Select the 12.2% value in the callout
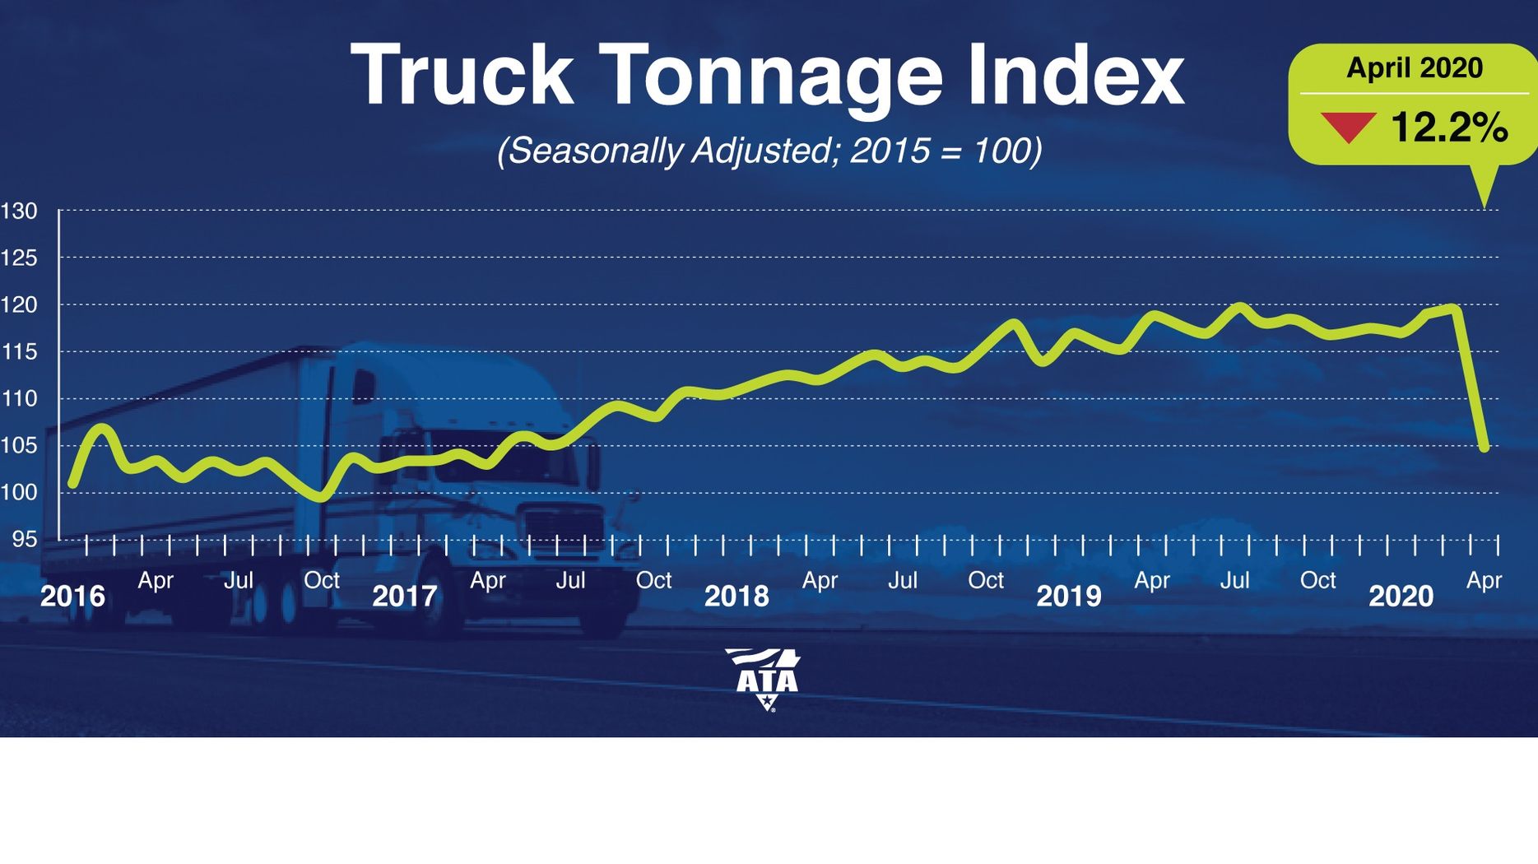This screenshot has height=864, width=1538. (1448, 128)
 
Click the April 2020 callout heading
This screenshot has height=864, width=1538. (1414, 67)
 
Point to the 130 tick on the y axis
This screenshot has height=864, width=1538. (19, 211)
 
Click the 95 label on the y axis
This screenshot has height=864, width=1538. (24, 539)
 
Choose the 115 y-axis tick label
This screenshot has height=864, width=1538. (19, 352)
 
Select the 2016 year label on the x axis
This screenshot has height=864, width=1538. (72, 596)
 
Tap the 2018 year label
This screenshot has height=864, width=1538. (736, 596)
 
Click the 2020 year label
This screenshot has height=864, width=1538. (1401, 596)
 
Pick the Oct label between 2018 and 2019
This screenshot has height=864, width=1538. (985, 580)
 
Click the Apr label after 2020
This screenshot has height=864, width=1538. (1484, 580)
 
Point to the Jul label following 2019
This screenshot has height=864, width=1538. (1234, 580)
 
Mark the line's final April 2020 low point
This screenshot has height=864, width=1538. (1485, 448)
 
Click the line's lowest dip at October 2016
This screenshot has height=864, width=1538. (321, 497)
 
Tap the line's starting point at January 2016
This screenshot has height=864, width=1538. (73, 485)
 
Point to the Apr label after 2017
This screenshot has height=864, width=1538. (487, 580)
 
